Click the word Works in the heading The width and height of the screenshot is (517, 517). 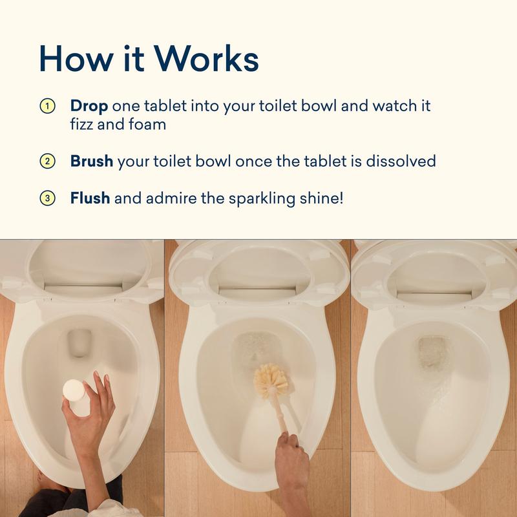pyautogui.click(x=206, y=58)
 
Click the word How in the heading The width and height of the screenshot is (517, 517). pyautogui.click(x=76, y=58)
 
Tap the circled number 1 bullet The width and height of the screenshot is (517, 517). pyautogui.click(x=47, y=106)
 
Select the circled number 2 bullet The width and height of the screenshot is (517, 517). pyautogui.click(x=47, y=161)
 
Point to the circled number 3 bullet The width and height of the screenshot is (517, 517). pyautogui.click(x=47, y=198)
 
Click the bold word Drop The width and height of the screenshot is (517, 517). pyautogui.click(x=89, y=107)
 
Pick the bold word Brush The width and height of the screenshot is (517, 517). pyautogui.click(x=92, y=161)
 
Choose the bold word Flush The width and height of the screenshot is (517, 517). pyautogui.click(x=90, y=198)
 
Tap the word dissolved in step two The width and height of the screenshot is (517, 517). pyautogui.click(x=401, y=161)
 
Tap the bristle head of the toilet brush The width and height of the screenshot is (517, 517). pyautogui.click(x=271, y=380)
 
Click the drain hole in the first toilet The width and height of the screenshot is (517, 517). pyautogui.click(x=79, y=343)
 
